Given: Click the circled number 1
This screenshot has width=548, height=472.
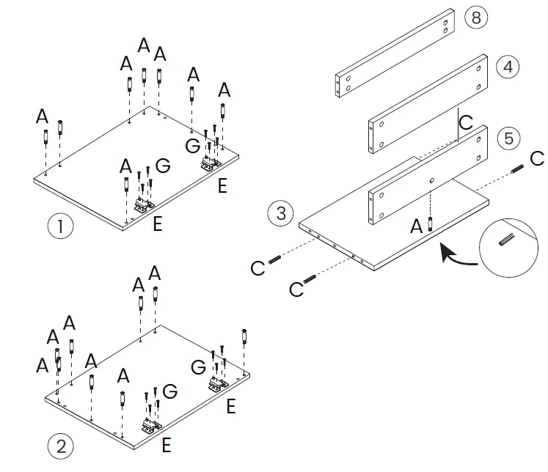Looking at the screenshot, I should point(60,226).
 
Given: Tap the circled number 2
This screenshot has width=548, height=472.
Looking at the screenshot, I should point(60,444).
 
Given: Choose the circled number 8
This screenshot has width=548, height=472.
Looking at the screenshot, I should point(476,18).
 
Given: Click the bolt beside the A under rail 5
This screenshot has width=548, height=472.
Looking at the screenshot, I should point(431,224).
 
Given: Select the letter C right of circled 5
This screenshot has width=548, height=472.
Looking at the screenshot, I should point(537,158).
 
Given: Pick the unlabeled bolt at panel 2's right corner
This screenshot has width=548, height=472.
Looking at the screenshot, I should point(244,339).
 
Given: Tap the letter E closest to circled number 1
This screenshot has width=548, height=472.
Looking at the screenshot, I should point(157,224).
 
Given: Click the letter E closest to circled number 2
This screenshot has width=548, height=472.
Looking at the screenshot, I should point(167,444).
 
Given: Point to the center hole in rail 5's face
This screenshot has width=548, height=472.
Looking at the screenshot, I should point(432,180).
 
